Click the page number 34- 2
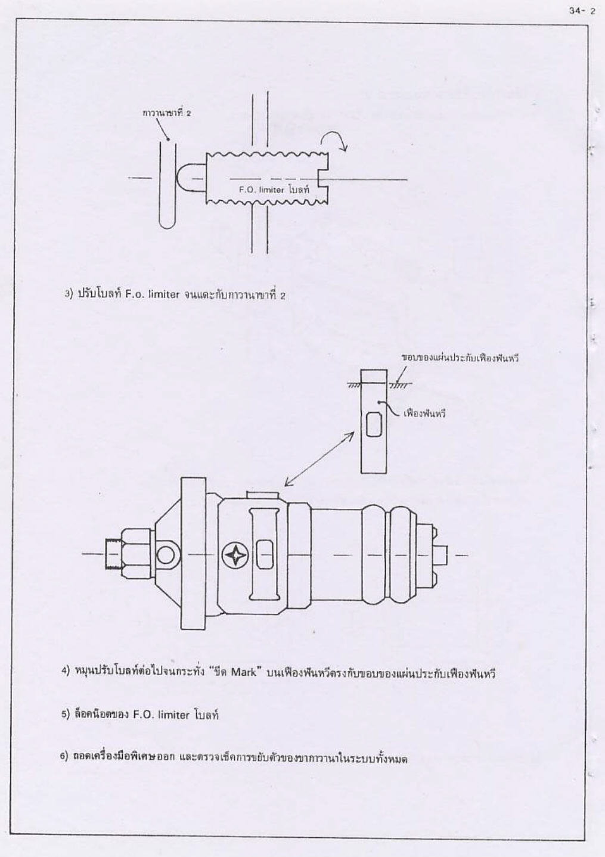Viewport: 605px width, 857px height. (x=582, y=11)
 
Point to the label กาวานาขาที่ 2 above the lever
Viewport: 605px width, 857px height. (x=166, y=113)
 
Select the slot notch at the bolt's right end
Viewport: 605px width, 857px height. (x=323, y=179)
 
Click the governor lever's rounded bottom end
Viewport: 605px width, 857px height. (x=167, y=224)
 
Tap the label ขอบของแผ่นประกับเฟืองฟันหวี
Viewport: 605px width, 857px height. (x=460, y=359)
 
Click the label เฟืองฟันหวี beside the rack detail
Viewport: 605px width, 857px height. (x=425, y=414)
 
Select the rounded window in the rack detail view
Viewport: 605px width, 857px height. (x=374, y=424)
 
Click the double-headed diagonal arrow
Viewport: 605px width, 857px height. (x=319, y=459)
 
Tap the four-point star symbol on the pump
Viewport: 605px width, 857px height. (x=235, y=555)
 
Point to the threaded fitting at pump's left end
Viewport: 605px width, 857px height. (x=113, y=555)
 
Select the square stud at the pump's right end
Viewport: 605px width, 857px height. (x=441, y=555)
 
